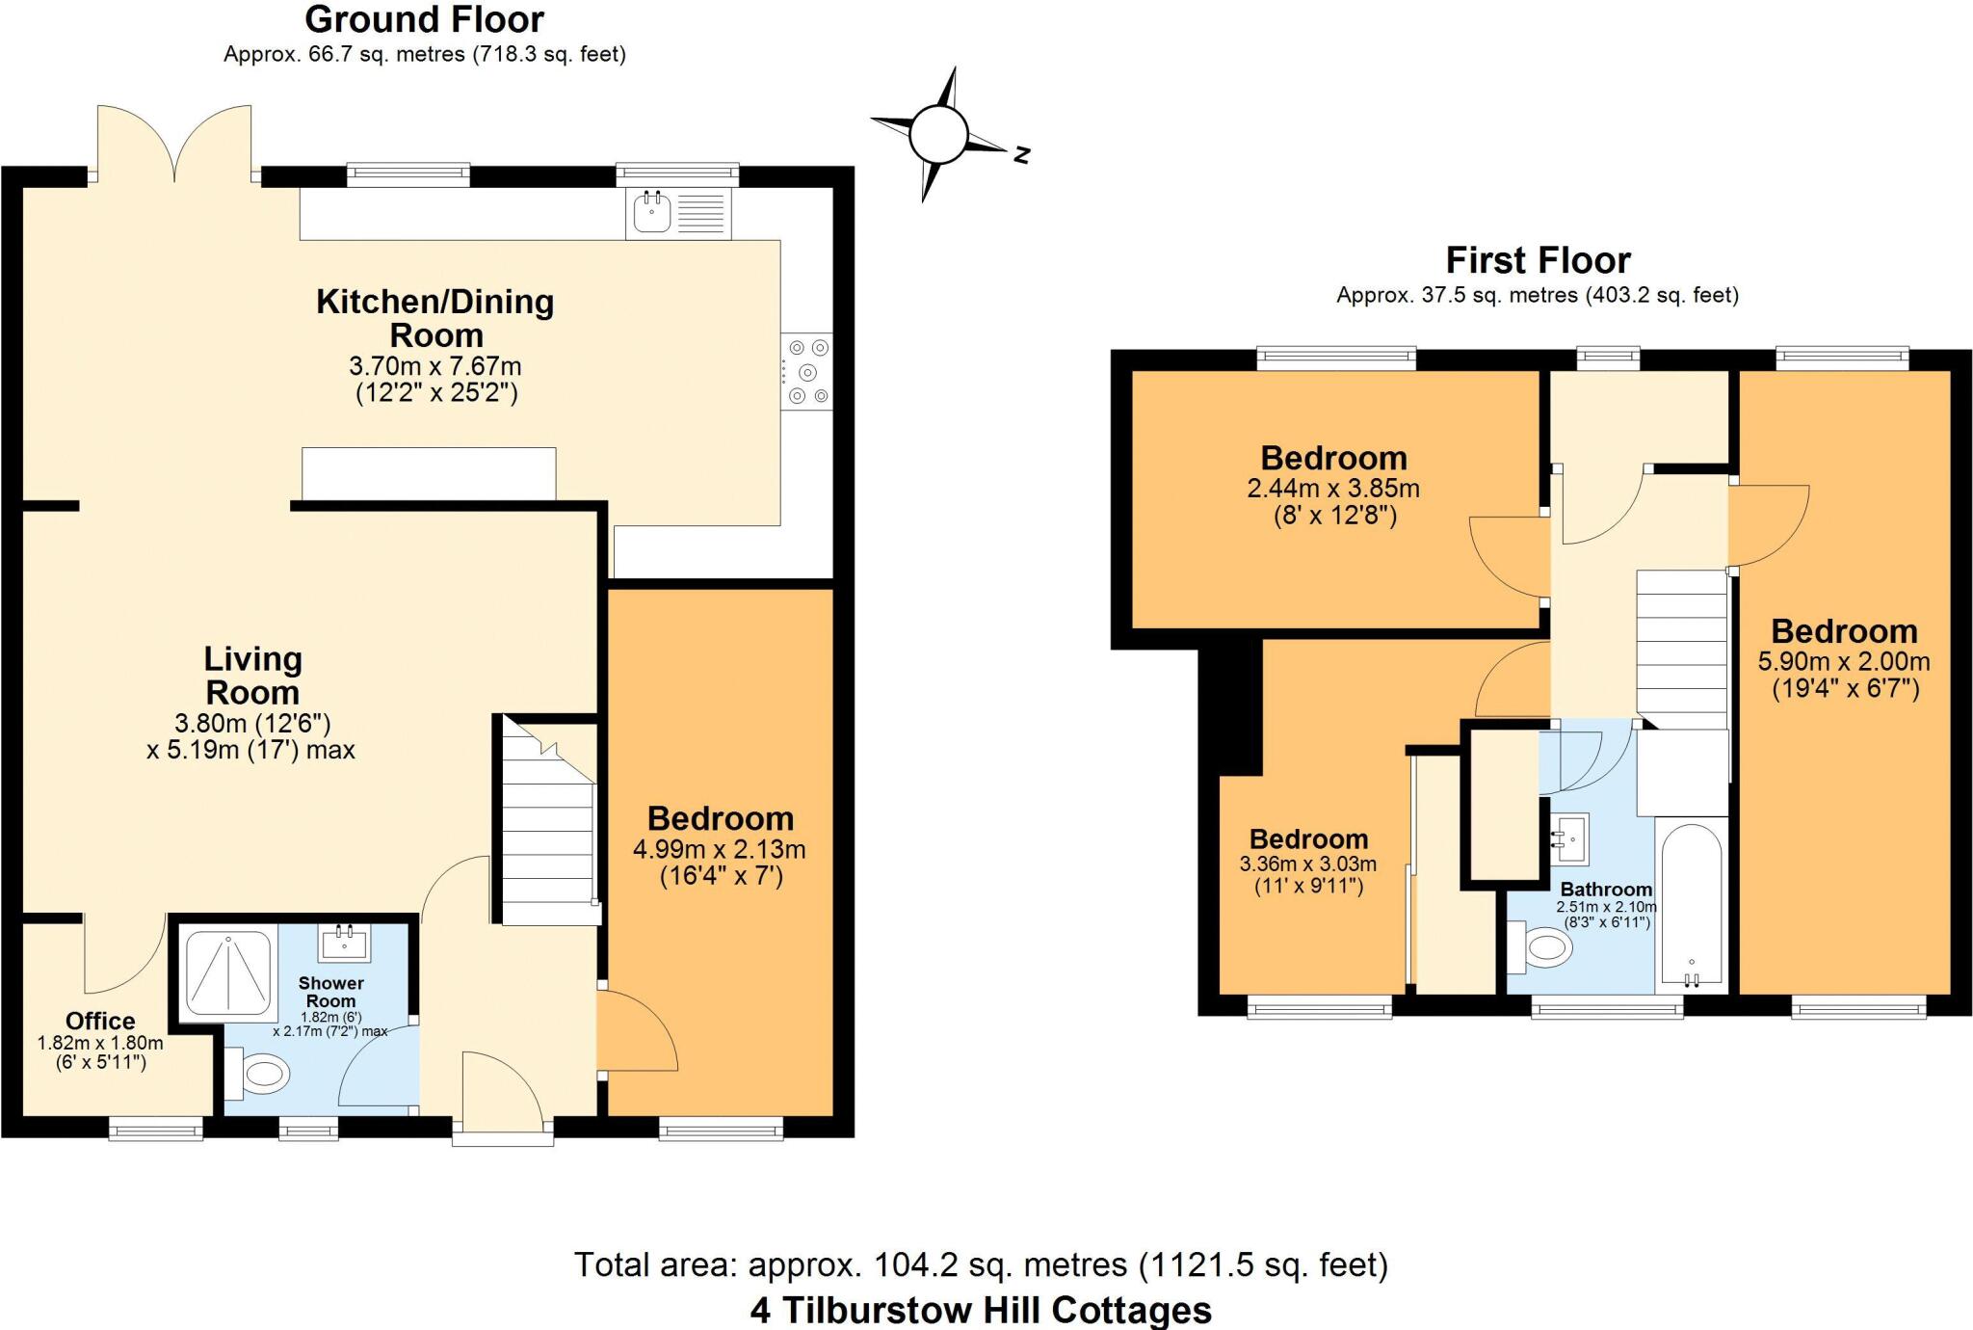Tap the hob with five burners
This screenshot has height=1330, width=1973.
807,372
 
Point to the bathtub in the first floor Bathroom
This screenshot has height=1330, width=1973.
1692,906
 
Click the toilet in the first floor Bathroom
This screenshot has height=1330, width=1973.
1541,948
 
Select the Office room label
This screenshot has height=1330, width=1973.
100,1021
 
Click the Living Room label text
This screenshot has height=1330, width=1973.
252,676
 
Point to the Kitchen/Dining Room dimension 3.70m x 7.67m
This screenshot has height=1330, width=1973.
435,366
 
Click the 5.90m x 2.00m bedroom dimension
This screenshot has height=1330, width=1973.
1844,662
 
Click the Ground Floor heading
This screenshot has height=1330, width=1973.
424,19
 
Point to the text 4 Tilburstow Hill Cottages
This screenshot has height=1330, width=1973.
981,1310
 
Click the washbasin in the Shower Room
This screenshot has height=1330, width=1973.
345,942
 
